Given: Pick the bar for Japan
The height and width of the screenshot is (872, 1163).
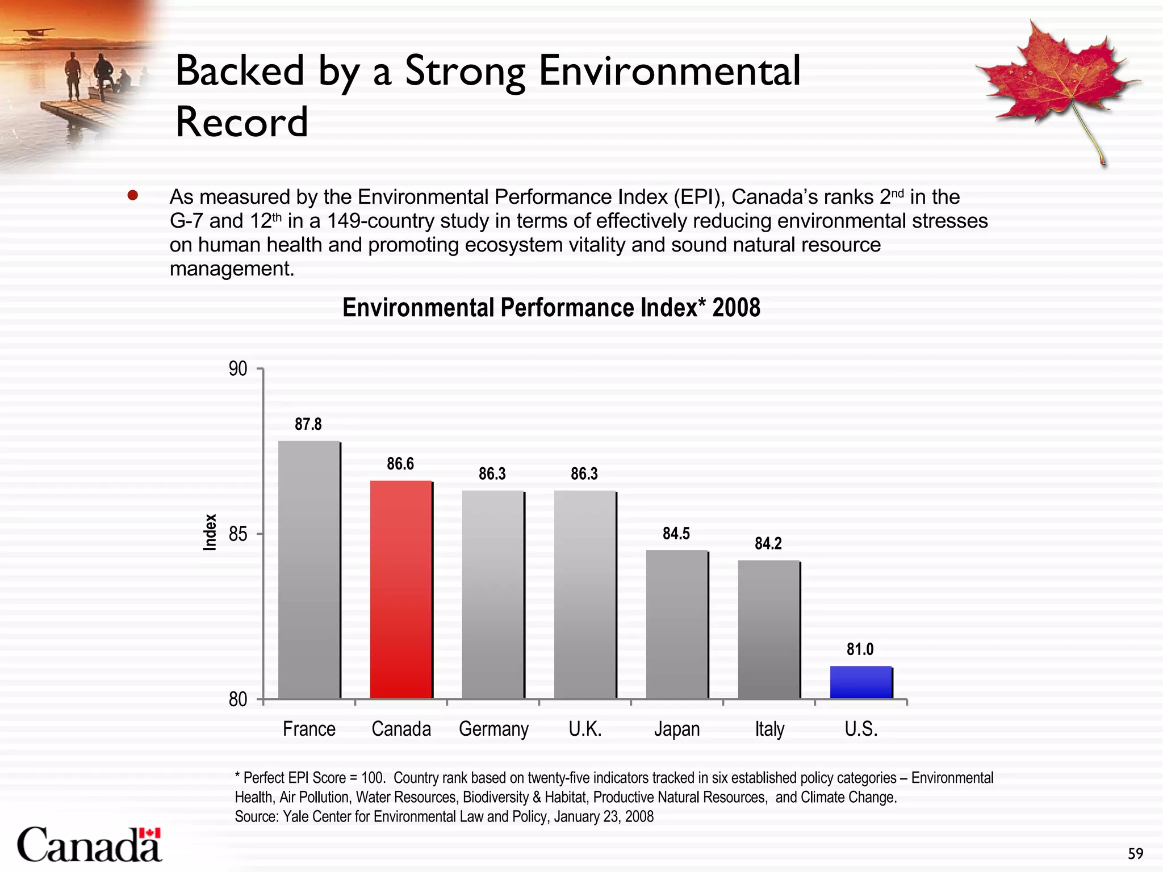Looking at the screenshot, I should [677, 624].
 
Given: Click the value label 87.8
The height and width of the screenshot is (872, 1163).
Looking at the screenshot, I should [308, 424].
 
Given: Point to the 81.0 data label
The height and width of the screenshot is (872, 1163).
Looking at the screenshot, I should [860, 649].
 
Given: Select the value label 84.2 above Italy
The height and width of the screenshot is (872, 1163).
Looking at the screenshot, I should [768, 543].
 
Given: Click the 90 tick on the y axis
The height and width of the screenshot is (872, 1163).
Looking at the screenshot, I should [238, 369].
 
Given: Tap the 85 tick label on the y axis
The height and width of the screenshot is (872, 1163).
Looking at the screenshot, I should [238, 534].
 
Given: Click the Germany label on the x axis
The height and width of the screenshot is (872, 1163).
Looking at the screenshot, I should [493, 728].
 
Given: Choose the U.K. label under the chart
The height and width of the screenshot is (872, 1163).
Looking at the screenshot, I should [585, 728].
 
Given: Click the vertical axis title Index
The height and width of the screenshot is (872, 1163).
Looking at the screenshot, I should [210, 532].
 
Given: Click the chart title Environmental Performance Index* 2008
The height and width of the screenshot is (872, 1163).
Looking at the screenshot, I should [551, 308].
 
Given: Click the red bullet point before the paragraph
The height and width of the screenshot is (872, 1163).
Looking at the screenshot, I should [133, 196].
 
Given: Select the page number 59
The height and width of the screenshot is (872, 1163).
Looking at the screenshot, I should [1135, 853].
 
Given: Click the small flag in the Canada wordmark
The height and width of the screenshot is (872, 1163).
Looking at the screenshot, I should [150, 833].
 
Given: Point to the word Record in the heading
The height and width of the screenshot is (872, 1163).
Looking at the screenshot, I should [242, 121].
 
